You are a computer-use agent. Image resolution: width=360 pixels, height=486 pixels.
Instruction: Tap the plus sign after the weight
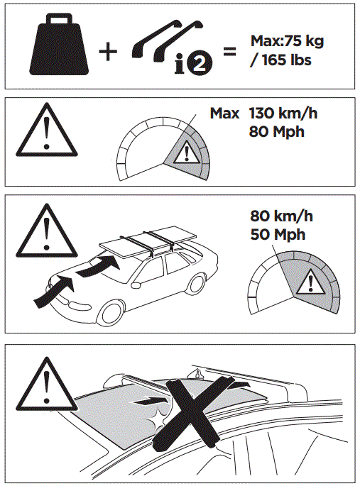point(107,51)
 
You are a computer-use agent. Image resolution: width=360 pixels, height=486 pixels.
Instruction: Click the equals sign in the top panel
point(229,52)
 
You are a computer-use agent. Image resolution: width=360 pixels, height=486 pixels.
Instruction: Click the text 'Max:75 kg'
point(288,41)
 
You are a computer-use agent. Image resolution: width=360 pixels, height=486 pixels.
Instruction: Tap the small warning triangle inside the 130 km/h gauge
point(187,153)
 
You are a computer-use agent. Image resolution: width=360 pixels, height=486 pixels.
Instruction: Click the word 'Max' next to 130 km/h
point(224,113)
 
